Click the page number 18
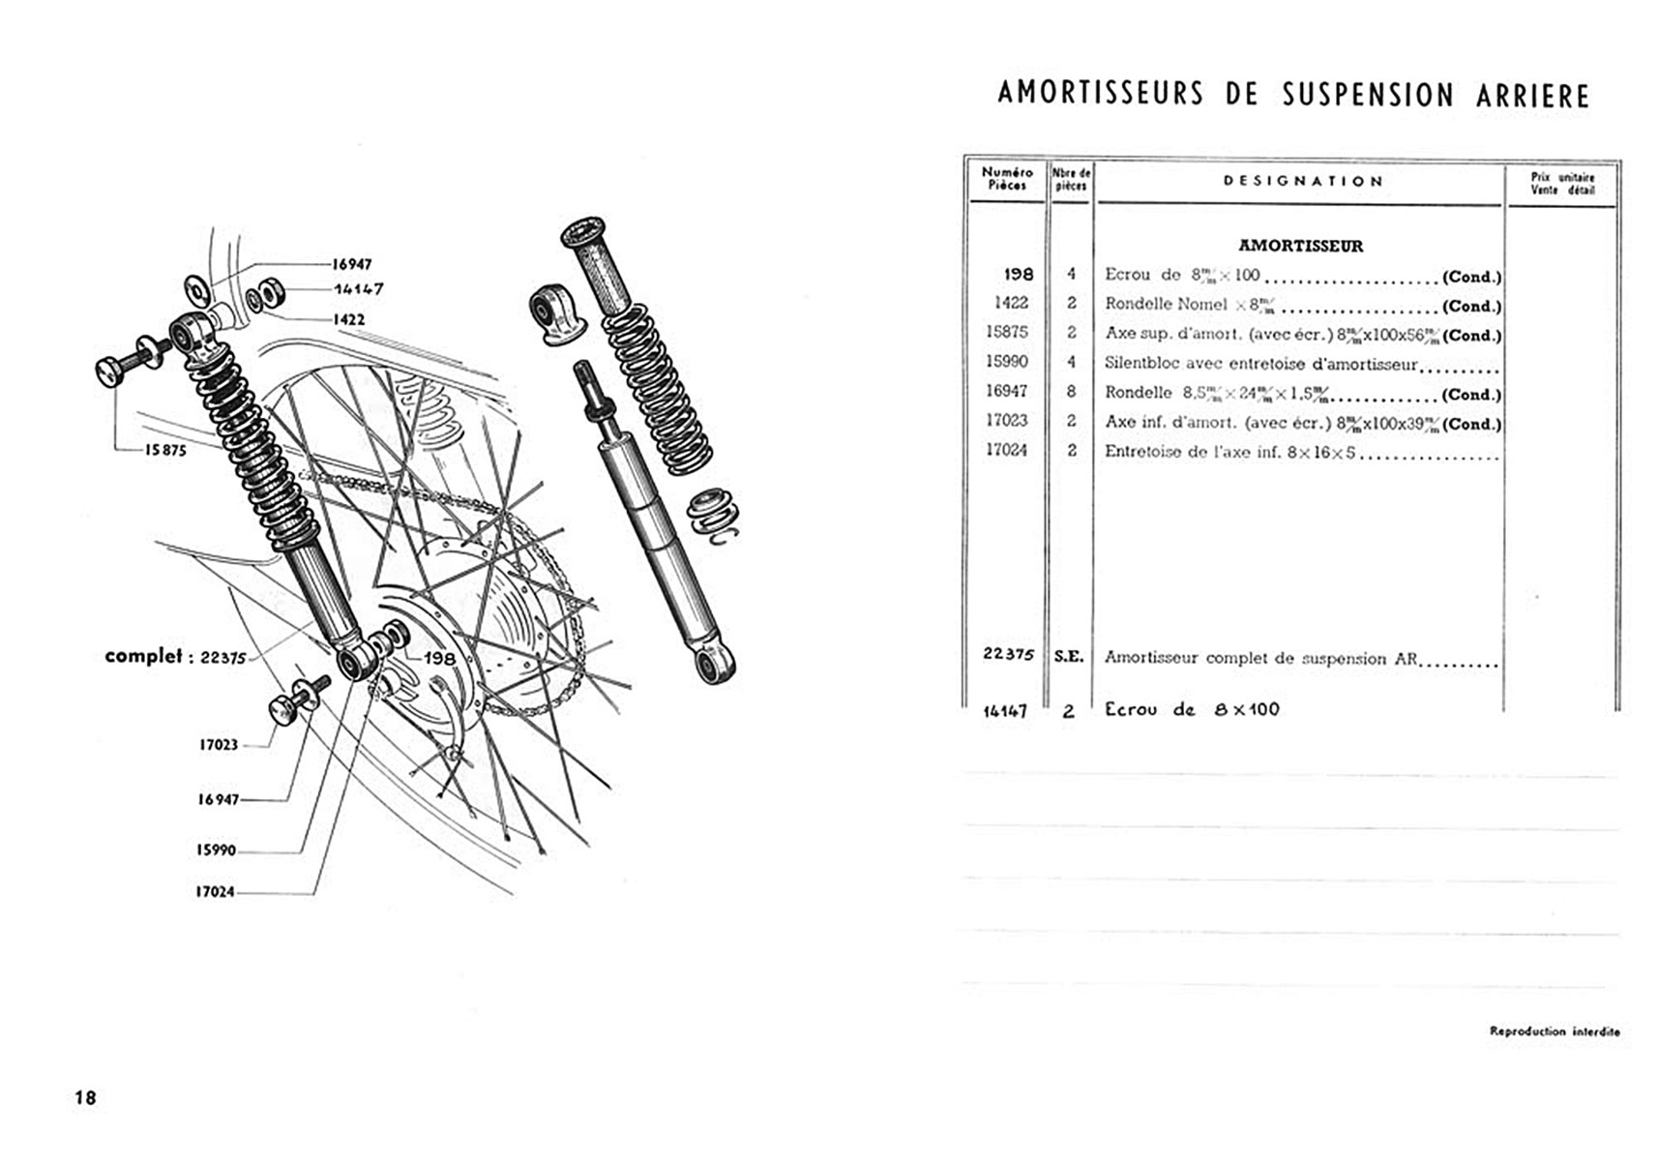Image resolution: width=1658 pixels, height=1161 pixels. click(86, 1097)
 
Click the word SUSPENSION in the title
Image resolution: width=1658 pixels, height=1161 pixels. click(1368, 95)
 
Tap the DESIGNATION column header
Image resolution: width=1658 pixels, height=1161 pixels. click(1302, 181)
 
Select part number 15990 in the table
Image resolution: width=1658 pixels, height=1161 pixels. click(1006, 361)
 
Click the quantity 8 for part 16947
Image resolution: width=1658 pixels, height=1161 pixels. click(1070, 391)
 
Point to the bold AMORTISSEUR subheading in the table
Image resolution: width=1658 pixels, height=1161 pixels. click(1300, 246)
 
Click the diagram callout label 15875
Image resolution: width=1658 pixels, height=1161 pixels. click(165, 450)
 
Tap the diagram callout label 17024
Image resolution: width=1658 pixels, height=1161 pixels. click(215, 892)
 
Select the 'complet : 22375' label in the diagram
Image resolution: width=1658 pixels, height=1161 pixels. click(175, 656)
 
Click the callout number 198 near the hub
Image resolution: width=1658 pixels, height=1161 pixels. click(439, 658)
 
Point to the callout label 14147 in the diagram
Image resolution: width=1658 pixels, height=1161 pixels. click(358, 288)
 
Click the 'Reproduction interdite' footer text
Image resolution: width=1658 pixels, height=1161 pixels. click(1554, 1031)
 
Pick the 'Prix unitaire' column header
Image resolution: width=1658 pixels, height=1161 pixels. click(1562, 183)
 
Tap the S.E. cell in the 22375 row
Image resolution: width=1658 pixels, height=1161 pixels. click(1069, 656)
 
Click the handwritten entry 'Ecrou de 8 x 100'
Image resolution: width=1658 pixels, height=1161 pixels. click(1192, 709)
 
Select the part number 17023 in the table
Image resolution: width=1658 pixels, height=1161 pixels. click(1006, 420)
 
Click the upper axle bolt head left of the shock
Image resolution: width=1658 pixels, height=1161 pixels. click(112, 371)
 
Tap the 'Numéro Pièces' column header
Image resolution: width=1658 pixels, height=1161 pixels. click(1007, 178)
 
